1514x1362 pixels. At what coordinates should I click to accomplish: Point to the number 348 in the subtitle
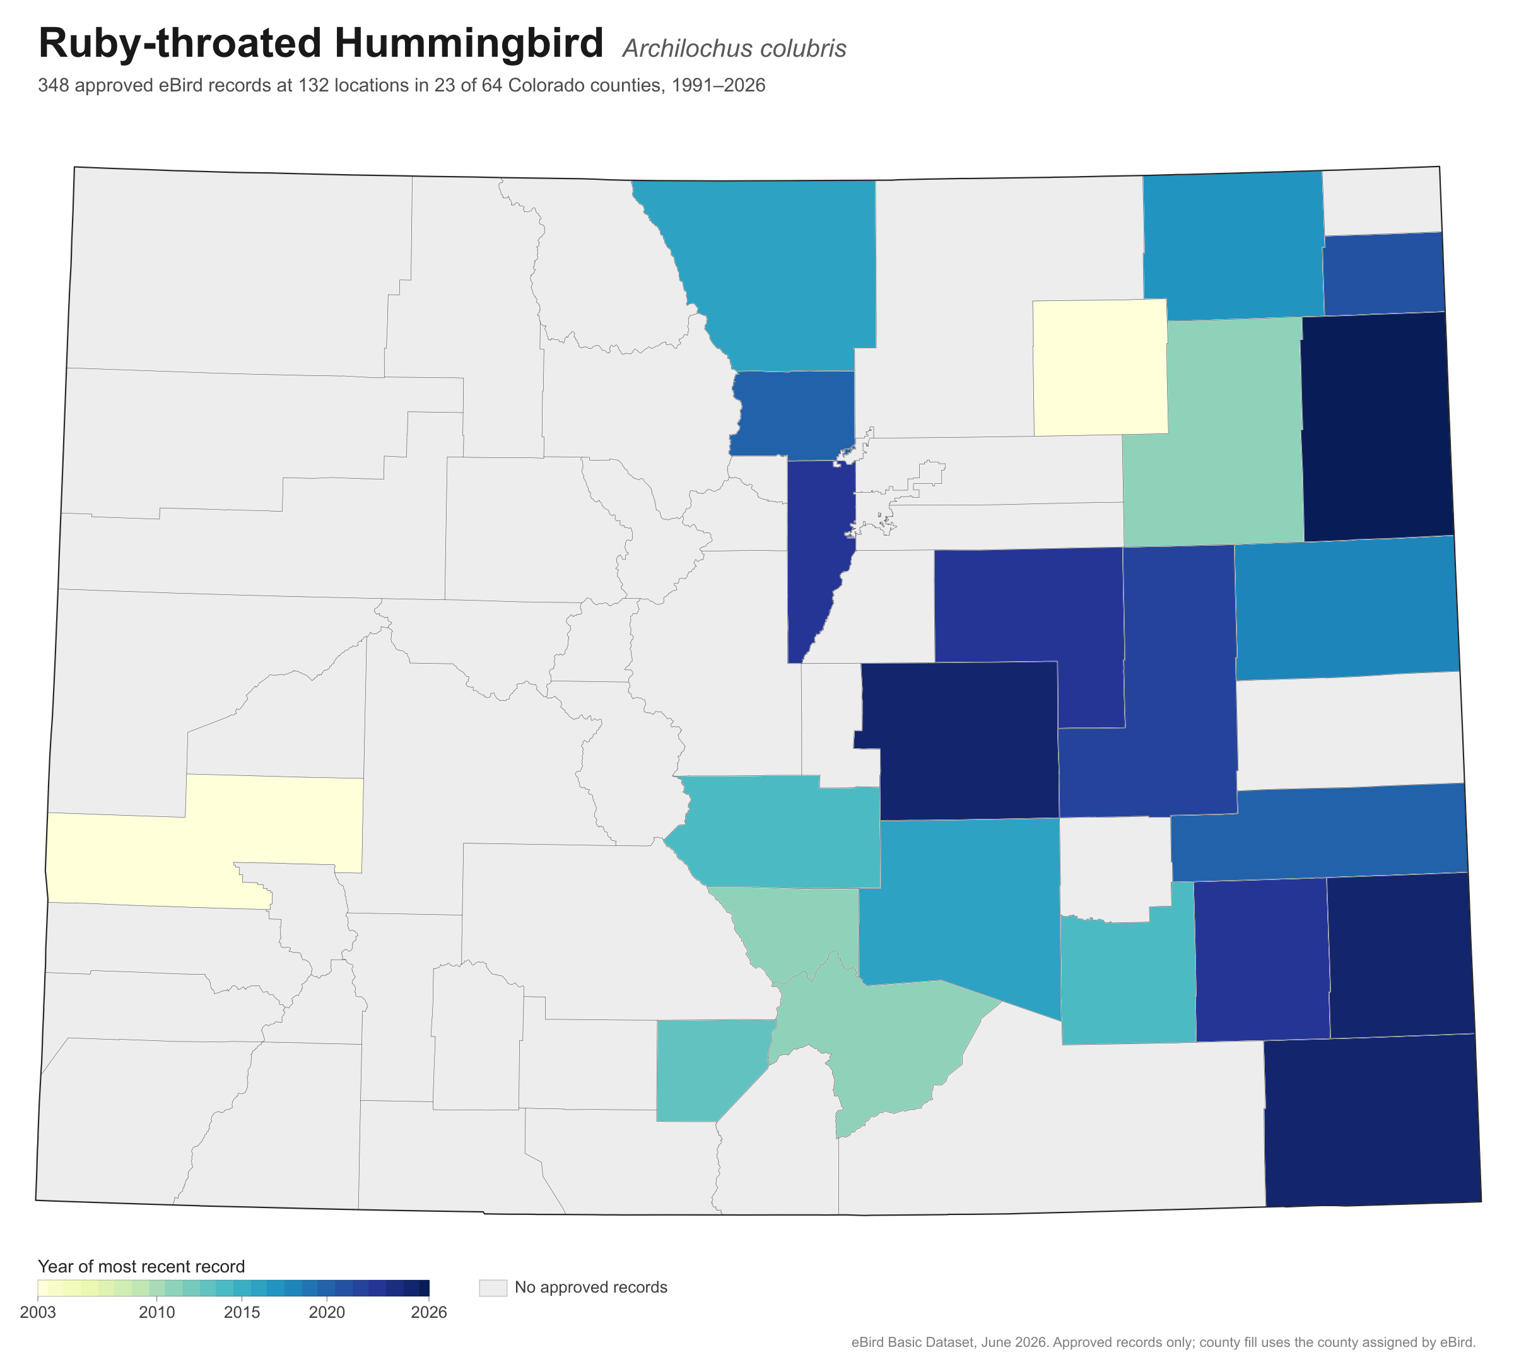53,85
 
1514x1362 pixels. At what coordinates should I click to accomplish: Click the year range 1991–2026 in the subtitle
719,85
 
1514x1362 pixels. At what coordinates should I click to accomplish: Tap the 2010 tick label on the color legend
157,1313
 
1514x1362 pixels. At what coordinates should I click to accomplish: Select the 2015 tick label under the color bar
242,1313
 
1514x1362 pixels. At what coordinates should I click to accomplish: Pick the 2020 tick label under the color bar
327,1313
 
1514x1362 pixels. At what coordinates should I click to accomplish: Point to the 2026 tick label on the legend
430,1313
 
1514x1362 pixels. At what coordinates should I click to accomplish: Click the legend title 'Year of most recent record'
141,1266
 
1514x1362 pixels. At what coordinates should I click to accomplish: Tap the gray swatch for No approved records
493,1287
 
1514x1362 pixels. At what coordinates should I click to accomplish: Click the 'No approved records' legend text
591,1287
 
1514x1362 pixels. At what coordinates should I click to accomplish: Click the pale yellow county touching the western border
202,842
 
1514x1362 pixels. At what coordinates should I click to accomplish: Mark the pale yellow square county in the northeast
1100,367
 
